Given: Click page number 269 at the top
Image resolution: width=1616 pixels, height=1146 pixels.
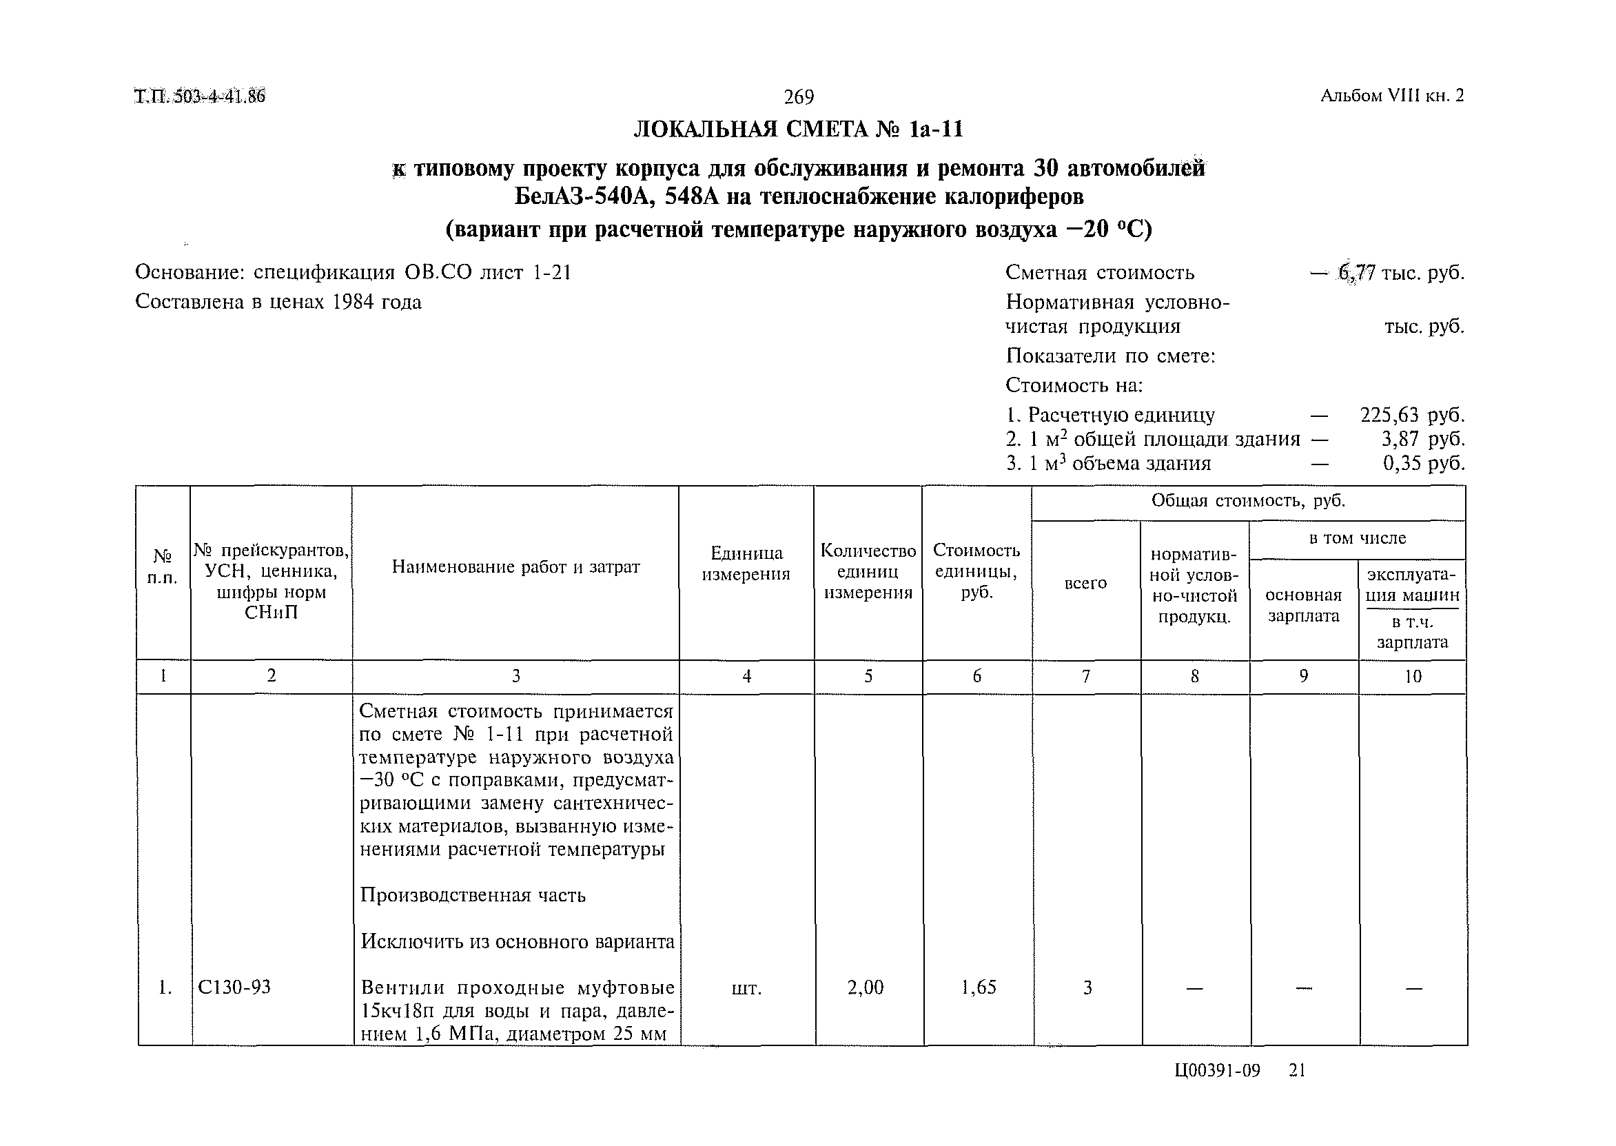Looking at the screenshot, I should pos(798,96).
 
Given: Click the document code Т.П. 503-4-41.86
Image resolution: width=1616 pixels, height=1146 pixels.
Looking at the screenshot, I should pos(200,96).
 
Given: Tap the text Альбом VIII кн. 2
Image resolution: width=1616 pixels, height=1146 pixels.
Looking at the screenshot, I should pos(1391,96).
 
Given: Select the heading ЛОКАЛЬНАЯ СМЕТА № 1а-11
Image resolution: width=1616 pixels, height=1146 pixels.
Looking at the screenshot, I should pos(798,130).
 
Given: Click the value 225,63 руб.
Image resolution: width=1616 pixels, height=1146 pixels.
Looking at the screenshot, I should pos(1412,415).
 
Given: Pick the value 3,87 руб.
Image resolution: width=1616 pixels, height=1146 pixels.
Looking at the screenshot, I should pos(1422,439).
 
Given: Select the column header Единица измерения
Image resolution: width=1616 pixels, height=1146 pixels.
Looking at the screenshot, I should pos(746,563).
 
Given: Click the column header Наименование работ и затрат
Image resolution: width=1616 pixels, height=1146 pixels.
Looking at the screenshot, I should pos(515,566).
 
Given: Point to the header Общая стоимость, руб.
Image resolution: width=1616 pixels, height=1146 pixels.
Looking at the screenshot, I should pos(1247,501).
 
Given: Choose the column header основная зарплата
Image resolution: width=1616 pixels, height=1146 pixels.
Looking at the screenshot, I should pos(1302,606).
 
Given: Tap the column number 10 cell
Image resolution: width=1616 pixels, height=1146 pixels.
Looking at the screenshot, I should pos(1412,677).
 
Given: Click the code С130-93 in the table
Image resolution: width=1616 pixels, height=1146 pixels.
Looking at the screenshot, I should pos(234,988).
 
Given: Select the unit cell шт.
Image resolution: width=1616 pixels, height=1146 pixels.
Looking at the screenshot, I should pos(746,989).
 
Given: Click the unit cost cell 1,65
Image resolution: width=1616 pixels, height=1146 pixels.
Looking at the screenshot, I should pos(978,988).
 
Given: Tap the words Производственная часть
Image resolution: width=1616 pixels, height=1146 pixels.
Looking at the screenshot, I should pos(473,895).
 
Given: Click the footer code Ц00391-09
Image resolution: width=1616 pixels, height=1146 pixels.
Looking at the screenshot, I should pos(1217,1071).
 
